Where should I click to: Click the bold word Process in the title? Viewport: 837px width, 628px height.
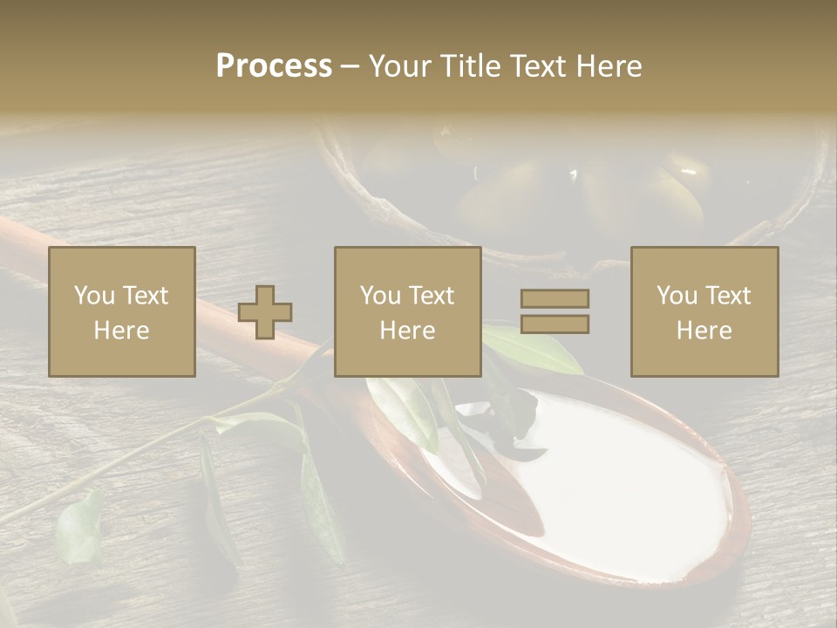coord(274,66)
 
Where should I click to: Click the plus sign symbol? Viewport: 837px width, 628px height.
coord(265,311)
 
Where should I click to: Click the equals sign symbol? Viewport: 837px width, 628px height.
coord(555,311)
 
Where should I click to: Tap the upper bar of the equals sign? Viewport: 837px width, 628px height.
coord(555,298)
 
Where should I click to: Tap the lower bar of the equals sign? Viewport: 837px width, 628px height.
coord(555,324)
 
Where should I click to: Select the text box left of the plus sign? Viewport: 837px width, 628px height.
coord(121,311)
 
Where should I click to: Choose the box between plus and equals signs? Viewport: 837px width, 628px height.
coord(407,311)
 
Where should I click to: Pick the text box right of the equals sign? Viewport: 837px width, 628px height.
coord(704,311)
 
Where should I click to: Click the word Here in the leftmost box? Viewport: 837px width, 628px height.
coord(121,331)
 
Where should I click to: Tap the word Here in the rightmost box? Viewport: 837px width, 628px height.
coord(704,331)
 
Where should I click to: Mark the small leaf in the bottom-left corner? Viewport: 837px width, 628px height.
coord(78,528)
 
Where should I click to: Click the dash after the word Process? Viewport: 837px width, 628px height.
coord(350,66)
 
